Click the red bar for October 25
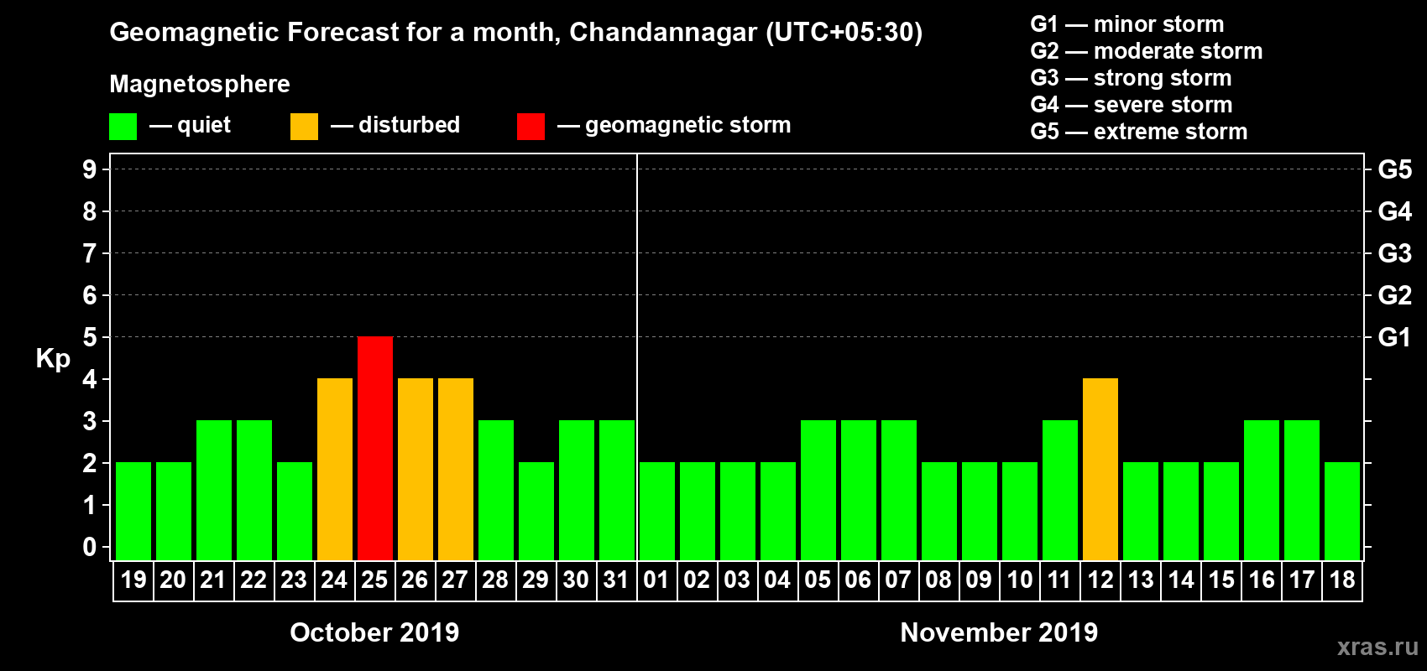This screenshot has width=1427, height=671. click(375, 448)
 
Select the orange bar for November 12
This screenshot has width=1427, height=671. click(1100, 469)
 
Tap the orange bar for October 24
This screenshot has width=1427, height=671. click(335, 469)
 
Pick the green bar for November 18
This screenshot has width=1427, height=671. click(1342, 511)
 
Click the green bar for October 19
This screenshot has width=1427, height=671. click(133, 511)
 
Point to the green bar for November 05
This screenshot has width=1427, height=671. click(818, 490)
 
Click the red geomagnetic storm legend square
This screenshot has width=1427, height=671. click(531, 127)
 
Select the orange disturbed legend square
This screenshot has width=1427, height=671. click(304, 127)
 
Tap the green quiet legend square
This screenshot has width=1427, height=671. click(123, 127)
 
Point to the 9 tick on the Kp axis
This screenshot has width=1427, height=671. click(90, 169)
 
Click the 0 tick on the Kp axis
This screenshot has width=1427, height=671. click(90, 547)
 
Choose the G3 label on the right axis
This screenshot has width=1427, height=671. click(1394, 253)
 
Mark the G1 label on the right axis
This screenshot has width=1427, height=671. click(1394, 337)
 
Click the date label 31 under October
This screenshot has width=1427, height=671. click(616, 580)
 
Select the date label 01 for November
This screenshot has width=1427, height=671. click(656, 580)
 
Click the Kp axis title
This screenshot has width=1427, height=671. click(53, 358)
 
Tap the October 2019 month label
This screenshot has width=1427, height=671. click(374, 632)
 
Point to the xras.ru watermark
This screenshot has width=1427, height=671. click(1377, 647)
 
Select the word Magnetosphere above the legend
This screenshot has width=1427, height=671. click(200, 84)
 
